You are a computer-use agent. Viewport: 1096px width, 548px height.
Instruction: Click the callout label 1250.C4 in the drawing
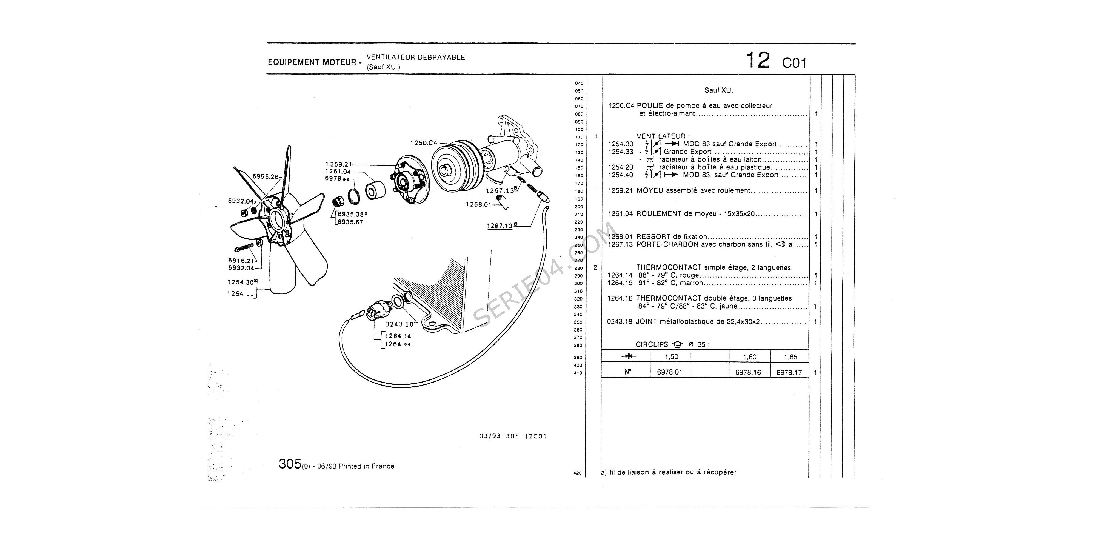click(423, 143)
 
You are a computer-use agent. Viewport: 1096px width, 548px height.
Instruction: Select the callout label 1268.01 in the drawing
click(479, 205)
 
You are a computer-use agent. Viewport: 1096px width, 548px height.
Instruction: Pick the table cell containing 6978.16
click(748, 372)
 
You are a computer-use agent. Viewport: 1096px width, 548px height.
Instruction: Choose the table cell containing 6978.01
click(669, 372)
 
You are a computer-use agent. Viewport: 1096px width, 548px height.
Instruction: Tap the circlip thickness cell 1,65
click(790, 357)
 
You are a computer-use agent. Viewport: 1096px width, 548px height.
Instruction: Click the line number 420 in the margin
click(577, 473)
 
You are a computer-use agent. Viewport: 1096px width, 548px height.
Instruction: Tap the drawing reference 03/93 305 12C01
click(513, 436)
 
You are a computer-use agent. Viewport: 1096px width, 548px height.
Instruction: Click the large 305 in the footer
click(290, 464)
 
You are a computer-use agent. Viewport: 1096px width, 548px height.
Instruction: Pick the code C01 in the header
click(794, 63)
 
